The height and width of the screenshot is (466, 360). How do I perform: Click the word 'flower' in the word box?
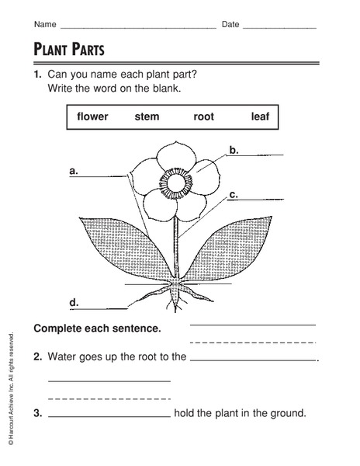click(93, 116)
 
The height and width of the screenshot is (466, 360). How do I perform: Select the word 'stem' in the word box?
click(147, 116)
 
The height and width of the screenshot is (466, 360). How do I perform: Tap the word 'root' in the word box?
click(203, 116)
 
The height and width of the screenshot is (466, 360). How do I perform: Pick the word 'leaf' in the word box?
click(259, 116)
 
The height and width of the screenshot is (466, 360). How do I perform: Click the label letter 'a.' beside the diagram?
click(74, 169)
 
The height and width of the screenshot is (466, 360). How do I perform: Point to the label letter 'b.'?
click(234, 148)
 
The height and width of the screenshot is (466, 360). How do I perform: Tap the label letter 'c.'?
click(233, 194)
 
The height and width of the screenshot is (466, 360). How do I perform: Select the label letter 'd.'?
click(74, 301)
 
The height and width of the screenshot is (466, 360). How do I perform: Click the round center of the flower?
click(177, 184)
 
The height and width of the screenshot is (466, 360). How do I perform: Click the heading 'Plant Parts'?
click(69, 50)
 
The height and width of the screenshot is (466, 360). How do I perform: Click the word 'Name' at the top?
click(44, 25)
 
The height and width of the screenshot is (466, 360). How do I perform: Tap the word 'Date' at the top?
click(230, 25)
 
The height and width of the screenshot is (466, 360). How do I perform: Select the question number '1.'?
click(37, 74)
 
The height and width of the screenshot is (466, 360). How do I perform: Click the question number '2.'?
click(37, 357)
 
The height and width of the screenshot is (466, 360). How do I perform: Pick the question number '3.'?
click(37, 412)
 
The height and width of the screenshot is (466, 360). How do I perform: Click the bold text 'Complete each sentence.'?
click(97, 329)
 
